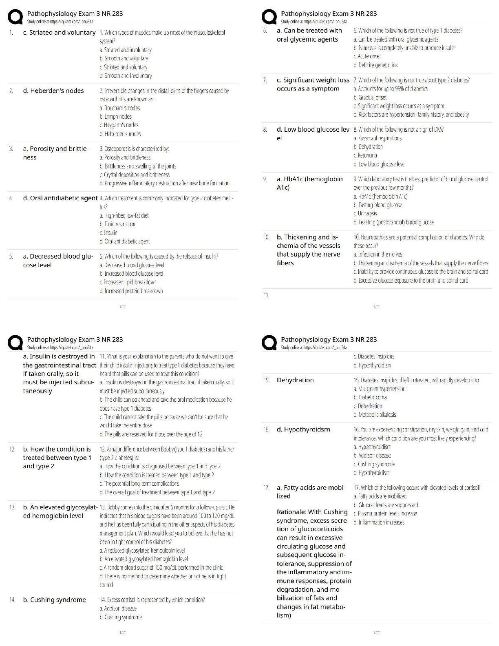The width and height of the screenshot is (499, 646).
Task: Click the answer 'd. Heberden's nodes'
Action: [53, 91]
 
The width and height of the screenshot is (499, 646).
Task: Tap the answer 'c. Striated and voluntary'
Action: [59, 32]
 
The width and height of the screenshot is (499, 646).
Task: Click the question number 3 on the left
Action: [11, 149]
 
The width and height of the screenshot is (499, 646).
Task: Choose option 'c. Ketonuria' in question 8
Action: [365, 155]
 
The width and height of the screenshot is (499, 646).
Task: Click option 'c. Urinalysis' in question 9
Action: [365, 214]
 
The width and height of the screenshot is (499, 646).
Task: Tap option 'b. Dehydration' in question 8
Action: [368, 147]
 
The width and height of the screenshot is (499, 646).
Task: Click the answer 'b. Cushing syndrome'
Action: [54, 600]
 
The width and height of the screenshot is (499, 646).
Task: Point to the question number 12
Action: [13, 449]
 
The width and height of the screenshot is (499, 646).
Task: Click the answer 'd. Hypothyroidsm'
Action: [303, 429]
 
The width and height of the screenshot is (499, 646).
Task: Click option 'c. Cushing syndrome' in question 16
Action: [374, 464]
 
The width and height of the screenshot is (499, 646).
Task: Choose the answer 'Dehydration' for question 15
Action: [295, 380]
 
